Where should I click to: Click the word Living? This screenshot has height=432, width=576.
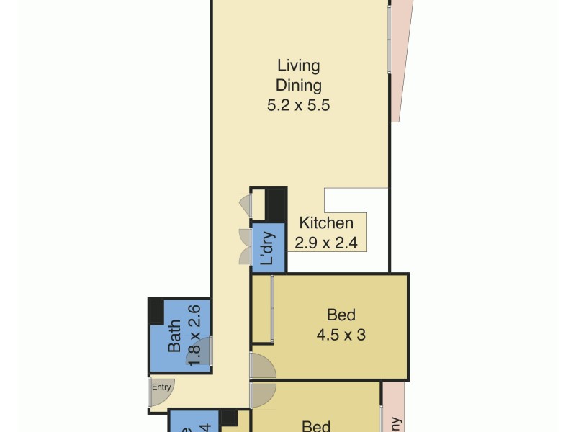click(298, 66)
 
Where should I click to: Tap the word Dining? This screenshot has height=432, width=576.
click(298, 85)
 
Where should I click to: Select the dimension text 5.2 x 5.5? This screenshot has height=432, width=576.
click(298, 104)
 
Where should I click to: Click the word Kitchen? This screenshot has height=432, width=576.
click(326, 223)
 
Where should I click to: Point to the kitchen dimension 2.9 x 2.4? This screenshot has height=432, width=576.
click(326, 243)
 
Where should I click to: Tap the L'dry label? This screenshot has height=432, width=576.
click(267, 248)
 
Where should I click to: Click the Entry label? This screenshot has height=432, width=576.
click(161, 387)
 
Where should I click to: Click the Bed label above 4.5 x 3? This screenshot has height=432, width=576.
click(341, 315)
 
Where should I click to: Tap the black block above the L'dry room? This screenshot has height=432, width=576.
click(276, 204)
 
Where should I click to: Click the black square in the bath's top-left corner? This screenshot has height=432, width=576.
click(156, 310)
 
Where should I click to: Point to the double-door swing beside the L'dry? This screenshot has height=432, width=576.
click(244, 246)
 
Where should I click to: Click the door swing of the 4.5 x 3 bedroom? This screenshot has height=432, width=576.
click(263, 366)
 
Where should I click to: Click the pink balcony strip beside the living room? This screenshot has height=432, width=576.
click(401, 58)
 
